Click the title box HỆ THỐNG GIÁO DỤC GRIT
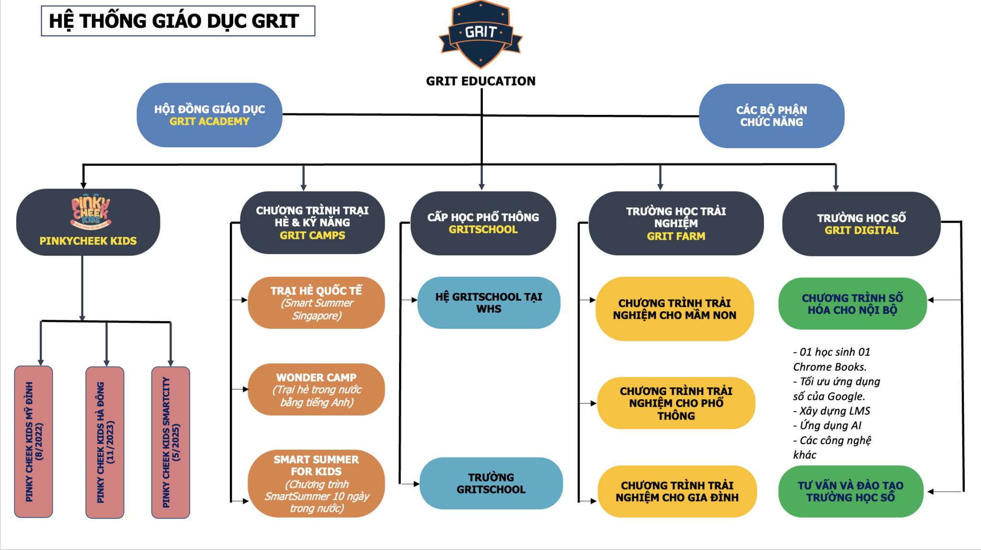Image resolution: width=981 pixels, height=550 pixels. [x=178, y=21]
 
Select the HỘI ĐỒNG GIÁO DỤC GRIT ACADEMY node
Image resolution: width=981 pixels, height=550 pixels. [x=209, y=115]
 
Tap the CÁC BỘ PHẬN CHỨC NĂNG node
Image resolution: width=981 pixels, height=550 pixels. [x=771, y=116]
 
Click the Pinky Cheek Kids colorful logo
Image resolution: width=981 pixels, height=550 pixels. [x=91, y=212]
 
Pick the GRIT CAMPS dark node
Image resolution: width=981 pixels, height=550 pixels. [x=312, y=223]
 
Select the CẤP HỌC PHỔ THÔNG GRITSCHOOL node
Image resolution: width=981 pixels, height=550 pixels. [x=483, y=224]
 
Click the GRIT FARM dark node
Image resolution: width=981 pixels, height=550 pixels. [x=675, y=224]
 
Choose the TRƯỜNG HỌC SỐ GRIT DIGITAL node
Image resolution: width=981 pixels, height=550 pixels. [x=861, y=224]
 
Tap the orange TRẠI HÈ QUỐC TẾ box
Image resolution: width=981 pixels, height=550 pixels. [x=316, y=303]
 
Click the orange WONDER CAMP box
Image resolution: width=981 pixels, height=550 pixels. [x=316, y=390]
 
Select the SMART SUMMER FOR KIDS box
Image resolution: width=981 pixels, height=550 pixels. [x=316, y=483]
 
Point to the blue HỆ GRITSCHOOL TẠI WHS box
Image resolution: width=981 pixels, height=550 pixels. [x=489, y=303]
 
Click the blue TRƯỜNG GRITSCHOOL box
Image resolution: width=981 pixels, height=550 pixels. [x=491, y=483]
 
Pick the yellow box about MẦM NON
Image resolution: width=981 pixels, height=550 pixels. [x=674, y=309]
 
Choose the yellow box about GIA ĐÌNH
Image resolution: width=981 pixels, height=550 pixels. [x=677, y=492]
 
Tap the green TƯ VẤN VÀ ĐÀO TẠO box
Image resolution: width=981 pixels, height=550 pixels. [x=850, y=492]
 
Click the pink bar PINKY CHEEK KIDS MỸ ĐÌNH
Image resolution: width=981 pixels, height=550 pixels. [x=34, y=442]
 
